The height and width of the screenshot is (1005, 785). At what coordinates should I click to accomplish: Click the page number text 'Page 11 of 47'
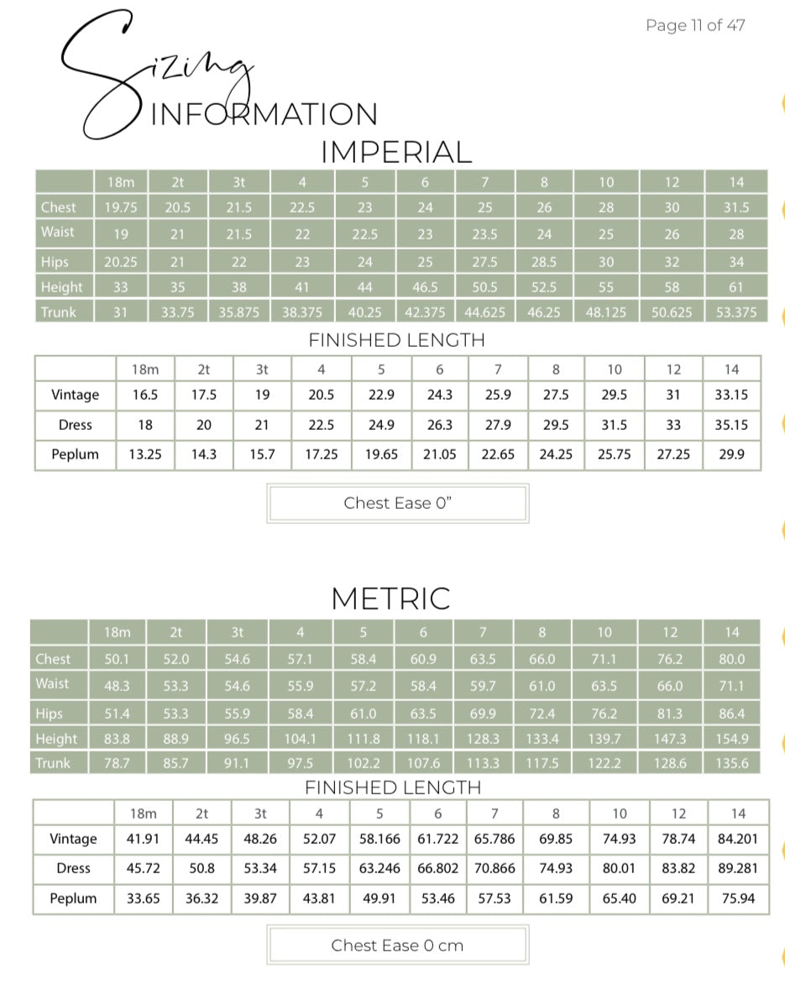point(694,25)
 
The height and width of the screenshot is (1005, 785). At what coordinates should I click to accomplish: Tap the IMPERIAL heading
point(396,152)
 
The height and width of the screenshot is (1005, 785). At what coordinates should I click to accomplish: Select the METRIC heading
point(390,599)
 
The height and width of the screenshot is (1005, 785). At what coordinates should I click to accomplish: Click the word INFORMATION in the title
point(264,114)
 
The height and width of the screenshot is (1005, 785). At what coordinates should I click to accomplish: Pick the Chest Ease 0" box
point(397,503)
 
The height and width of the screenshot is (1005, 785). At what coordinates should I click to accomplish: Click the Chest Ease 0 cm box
point(397,945)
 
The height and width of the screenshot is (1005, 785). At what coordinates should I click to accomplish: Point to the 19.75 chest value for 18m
point(121,207)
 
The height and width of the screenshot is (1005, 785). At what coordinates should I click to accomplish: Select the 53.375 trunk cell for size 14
point(735,312)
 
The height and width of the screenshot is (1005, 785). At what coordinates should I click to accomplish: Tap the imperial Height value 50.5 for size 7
point(484,287)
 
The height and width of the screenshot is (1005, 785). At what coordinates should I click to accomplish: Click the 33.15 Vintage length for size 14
point(731,395)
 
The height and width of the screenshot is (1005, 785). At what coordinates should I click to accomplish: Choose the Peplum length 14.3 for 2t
point(203,454)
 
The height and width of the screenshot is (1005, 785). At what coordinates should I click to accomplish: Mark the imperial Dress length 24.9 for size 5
point(380,425)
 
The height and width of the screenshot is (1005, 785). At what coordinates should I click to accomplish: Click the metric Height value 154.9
point(732,739)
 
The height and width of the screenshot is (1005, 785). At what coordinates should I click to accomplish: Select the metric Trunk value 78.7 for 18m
point(117,763)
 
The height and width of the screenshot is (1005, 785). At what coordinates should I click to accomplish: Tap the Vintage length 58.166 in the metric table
point(379,839)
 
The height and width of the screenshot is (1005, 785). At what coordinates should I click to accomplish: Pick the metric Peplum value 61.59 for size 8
point(556,898)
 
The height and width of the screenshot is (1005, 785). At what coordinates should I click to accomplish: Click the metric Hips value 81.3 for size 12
point(670,714)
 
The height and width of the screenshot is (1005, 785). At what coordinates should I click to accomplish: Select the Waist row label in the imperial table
point(57,232)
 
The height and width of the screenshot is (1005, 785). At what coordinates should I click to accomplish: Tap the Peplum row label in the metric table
point(73,898)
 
